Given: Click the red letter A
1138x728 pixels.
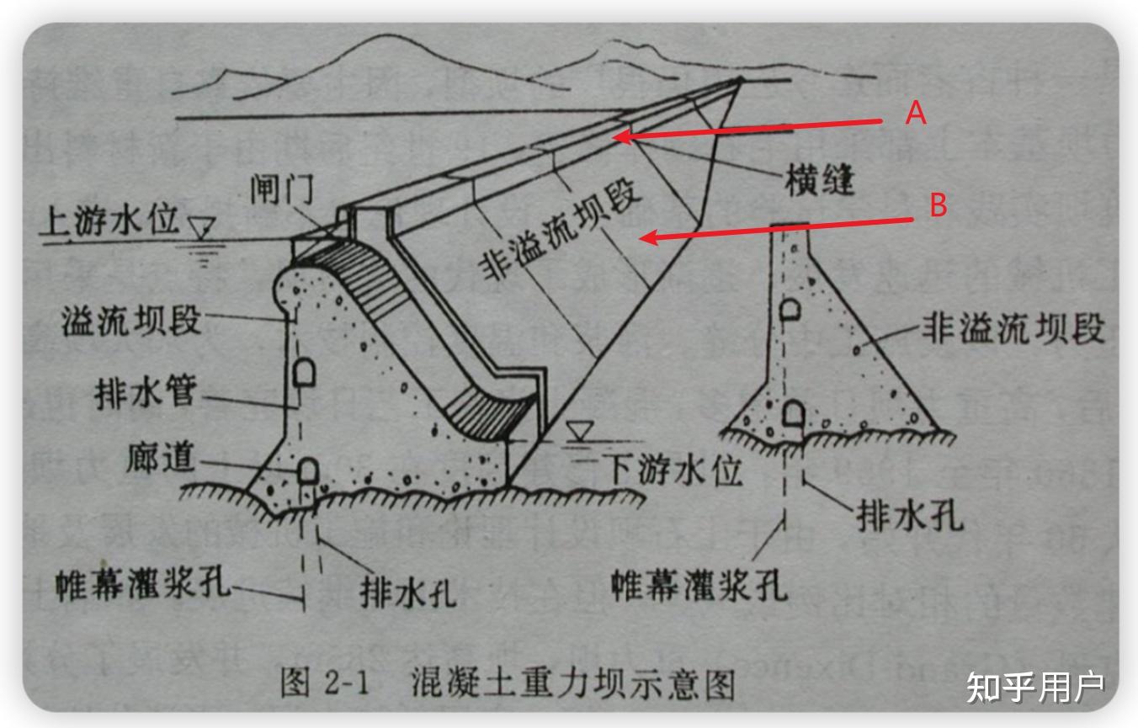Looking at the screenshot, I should (916, 113).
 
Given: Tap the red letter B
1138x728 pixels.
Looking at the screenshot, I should (938, 205).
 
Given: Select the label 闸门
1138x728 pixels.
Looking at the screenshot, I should (281, 191).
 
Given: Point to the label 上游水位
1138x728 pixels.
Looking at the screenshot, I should (109, 221).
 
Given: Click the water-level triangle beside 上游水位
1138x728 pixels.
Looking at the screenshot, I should (202, 226).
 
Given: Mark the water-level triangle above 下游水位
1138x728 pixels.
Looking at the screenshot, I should (578, 433).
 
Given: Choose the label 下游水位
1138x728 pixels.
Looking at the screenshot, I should (673, 470).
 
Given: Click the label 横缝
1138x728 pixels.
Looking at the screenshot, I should (819, 181).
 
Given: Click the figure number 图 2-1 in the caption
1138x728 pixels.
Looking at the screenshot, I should (326, 683).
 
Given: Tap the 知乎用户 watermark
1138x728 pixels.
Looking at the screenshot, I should (1035, 687).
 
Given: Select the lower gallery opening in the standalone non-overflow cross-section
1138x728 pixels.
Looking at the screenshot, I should (792, 414).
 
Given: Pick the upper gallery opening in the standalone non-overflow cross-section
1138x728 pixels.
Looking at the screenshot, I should (790, 310).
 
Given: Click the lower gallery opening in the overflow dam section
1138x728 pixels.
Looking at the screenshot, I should (307, 469).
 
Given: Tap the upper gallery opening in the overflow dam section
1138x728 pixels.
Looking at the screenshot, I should (305, 371).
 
